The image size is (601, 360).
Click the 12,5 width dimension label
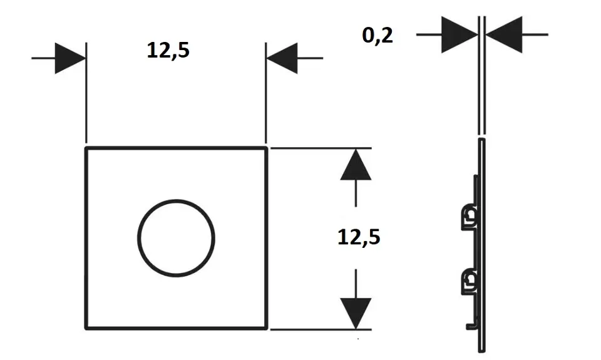tap(168, 50)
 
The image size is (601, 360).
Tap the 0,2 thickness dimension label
tap(378, 36)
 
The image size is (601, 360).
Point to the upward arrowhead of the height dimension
tap(356, 165)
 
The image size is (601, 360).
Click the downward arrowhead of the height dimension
tap(356, 313)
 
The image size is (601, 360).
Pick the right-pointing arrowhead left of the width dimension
tap(70, 58)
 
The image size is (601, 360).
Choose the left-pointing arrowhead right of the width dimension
tap(282, 58)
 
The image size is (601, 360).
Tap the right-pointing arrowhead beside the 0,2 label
tap(460, 34)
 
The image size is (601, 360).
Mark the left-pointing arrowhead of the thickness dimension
tap(504, 34)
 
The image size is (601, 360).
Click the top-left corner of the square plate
tap(86, 148)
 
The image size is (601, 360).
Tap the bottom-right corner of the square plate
tap(267, 328)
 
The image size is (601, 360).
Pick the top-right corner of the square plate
tap(267, 148)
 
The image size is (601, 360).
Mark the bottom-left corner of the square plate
tap(86, 328)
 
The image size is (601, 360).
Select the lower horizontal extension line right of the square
tap(321, 329)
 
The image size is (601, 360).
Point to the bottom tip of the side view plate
tap(482, 351)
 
